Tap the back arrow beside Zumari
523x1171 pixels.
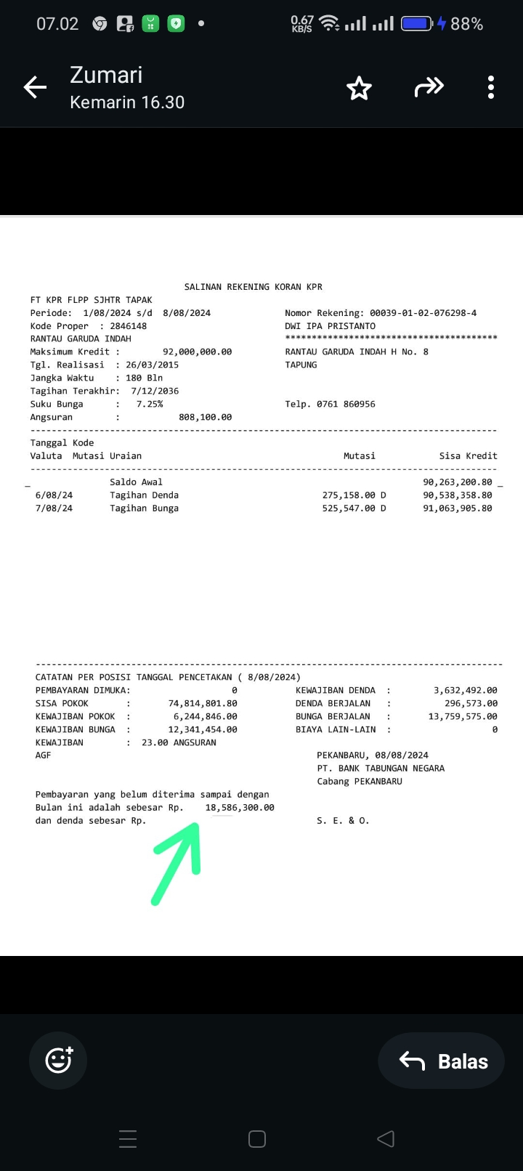[35, 88]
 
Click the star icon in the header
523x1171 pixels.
[359, 89]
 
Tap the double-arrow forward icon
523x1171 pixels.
[429, 88]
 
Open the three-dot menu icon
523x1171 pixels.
[491, 88]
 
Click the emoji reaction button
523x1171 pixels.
[58, 1061]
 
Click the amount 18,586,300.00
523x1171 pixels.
[240, 808]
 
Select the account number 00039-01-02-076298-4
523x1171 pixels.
[423, 313]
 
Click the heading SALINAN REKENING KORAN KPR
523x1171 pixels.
[254, 287]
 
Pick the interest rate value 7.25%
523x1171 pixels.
[150, 404]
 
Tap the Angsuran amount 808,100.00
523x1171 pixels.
[205, 417]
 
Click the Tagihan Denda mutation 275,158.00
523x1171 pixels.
[349, 495]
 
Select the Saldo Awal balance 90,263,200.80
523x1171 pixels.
[457, 482]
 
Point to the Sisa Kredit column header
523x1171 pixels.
[468, 456]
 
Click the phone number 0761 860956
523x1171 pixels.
[346, 404]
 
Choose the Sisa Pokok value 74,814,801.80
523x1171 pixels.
[203, 703]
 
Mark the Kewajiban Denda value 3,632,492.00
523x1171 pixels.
[466, 690]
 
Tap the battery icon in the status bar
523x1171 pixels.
[417, 24]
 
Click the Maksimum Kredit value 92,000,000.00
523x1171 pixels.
[197, 352]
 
